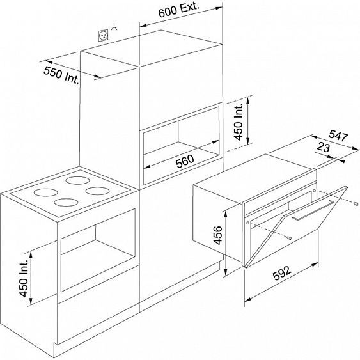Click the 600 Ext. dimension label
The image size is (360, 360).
pos(178,10)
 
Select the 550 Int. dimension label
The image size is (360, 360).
pos(61,75)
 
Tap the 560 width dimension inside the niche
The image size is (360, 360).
pos(185,161)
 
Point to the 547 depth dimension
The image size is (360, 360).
pos(338,136)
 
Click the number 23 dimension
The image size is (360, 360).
pos(324,147)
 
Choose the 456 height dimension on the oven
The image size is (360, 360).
pos(217,235)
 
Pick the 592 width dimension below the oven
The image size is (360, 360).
pos(282,273)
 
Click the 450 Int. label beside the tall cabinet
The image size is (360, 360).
pos(239,121)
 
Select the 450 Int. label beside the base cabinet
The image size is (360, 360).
pos(24,278)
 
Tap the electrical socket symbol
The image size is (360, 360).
pos(104,36)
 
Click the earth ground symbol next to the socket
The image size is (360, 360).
pos(114,27)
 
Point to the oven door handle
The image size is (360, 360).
pos(313,210)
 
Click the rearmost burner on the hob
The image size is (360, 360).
pos(77,180)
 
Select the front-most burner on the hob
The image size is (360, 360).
pos(66,202)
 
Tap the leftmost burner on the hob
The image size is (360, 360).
pos(45,192)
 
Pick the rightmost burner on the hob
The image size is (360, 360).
pos(97,191)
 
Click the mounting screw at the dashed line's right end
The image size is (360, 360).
pos(356,203)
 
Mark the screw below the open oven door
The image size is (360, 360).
pos(290,238)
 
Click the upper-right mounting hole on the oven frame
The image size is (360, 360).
pos(315,191)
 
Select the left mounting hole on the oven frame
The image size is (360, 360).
pos(247,223)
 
